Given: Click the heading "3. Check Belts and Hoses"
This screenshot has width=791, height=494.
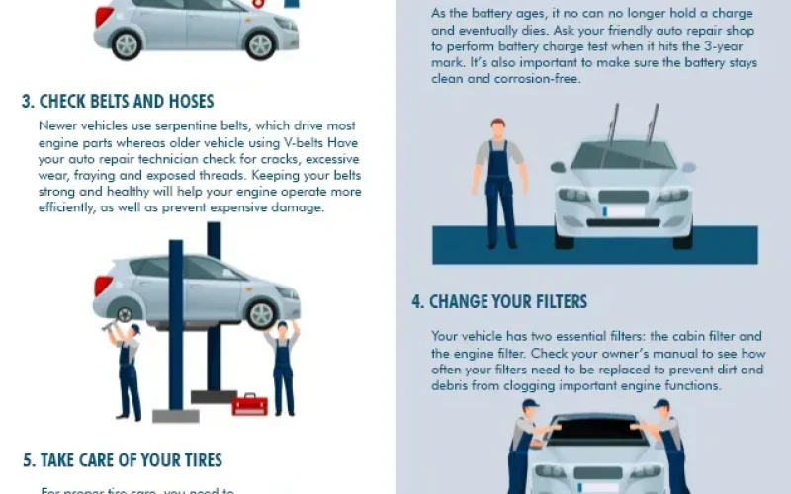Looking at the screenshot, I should point(118,102).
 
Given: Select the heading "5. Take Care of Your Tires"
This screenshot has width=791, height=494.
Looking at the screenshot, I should point(123,460).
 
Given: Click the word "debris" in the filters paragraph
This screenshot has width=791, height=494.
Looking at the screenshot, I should point(453,386).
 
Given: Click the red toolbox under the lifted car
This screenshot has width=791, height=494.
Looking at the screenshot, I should point(250,403).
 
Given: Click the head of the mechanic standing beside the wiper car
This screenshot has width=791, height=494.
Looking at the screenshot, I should point(497,128).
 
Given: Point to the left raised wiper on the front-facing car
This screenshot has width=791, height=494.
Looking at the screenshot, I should point(613,123).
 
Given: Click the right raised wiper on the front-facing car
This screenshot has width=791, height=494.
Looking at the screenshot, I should point(652,123).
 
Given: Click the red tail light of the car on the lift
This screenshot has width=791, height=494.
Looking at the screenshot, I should point(103,286).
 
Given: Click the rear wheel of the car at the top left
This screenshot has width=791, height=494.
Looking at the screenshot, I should point(127,44).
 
